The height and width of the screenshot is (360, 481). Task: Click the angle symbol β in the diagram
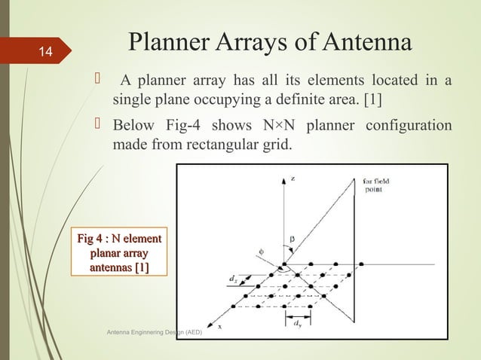coord(293,239)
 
